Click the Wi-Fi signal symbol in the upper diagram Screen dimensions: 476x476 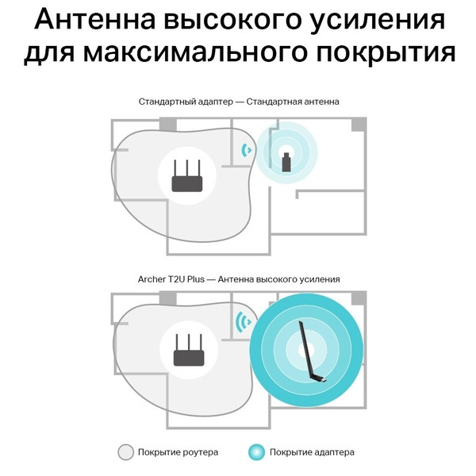point(247,149)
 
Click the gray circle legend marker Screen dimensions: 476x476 point(125,453)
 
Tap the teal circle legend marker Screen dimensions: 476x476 point(255,453)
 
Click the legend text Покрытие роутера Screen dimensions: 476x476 point(178,453)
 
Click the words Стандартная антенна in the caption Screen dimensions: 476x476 point(292,102)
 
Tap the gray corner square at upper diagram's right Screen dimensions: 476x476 point(359,125)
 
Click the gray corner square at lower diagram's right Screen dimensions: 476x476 point(359,297)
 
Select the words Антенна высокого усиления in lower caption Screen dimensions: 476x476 point(278,279)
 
